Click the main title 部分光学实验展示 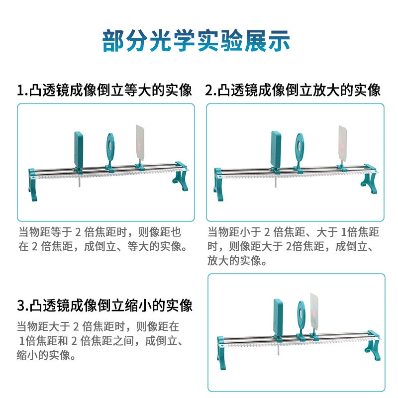[196, 41]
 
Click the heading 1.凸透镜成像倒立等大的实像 [104, 90]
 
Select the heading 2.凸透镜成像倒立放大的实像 [293, 90]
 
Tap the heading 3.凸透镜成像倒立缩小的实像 [104, 305]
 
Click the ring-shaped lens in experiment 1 [110, 147]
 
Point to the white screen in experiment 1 [140, 143]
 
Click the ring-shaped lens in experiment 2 [299, 147]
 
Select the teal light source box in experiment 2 [276, 149]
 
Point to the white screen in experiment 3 [314, 312]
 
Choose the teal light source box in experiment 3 [278, 317]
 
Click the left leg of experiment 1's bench [32, 185]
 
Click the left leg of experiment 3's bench [221, 353]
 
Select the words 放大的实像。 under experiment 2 [237, 260]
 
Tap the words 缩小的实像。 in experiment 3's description [46, 355]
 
